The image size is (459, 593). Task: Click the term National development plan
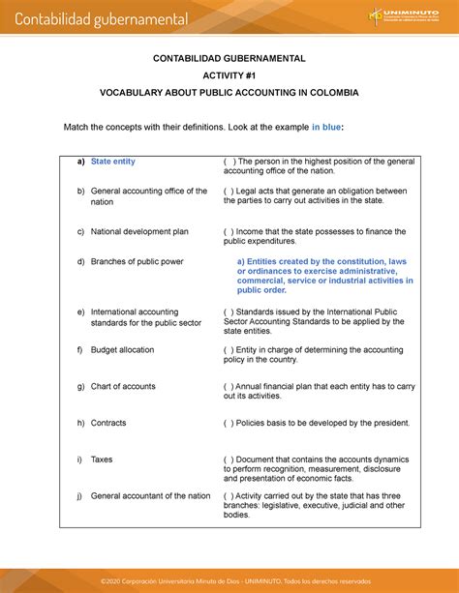tap(139, 232)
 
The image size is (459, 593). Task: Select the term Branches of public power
tap(137, 262)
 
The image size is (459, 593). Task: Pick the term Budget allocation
tap(122, 350)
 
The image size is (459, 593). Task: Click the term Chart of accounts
tap(123, 386)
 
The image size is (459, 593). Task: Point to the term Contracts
tap(108, 423)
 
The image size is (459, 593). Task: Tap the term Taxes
tap(103, 460)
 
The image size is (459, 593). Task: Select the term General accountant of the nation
tap(150, 495)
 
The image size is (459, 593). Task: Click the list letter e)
tap(80, 312)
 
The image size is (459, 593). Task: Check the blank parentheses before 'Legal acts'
tap(229, 191)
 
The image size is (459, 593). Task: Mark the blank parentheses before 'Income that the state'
tap(229, 232)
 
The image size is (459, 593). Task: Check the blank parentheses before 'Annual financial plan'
tap(229, 386)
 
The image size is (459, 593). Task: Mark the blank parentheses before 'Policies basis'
tap(229, 423)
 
